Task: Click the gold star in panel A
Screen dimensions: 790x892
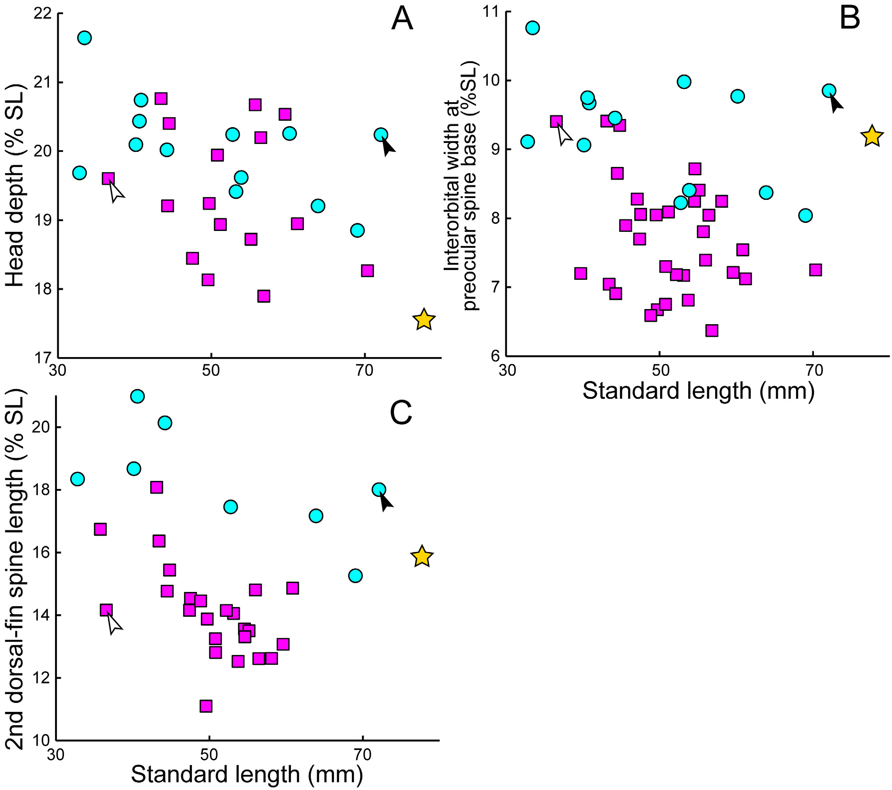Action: [424, 320]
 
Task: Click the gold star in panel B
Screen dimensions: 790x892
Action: [872, 136]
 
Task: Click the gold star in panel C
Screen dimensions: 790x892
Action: [422, 556]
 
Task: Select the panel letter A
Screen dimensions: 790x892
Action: [402, 19]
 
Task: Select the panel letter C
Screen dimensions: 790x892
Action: [401, 413]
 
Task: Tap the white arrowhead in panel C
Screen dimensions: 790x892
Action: [114, 623]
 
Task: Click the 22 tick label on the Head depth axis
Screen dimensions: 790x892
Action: [42, 13]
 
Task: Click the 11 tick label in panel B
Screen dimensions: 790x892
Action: [491, 11]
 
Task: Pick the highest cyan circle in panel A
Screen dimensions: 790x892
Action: [84, 38]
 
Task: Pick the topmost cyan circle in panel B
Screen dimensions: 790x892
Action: [532, 28]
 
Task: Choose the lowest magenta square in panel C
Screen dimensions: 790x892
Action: [206, 706]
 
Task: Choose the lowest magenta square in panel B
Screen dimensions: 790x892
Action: [712, 330]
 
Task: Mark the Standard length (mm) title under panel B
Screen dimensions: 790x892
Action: [698, 391]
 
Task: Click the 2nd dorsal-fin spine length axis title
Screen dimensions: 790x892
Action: [15, 569]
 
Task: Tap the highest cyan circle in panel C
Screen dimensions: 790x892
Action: [138, 396]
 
